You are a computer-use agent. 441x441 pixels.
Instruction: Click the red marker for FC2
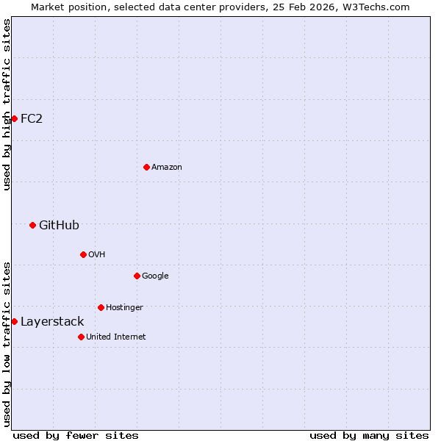coord(14,118)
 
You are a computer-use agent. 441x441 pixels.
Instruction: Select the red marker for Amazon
coord(146,167)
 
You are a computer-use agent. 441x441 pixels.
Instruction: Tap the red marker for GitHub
coord(32,225)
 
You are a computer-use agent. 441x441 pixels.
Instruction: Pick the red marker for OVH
coord(83,254)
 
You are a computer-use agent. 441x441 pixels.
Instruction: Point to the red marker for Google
coord(137,276)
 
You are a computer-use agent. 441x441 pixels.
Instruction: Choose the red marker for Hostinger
coord(101,307)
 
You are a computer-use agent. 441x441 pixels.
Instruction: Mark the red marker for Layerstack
coord(14,321)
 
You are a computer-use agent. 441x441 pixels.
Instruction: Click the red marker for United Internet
coord(81,337)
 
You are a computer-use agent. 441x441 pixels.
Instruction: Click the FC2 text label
coord(32,118)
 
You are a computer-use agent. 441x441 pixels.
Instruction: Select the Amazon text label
coord(167,167)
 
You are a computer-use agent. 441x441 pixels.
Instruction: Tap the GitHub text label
coord(59,225)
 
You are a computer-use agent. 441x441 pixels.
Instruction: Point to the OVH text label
coord(96,254)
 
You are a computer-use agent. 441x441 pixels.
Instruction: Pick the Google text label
coord(155,276)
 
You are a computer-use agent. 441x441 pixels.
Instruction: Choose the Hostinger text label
coord(124,307)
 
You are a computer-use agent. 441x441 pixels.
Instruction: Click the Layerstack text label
coord(52,321)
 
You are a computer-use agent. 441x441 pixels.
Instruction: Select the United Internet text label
coord(115,337)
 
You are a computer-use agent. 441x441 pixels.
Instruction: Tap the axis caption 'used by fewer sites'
coord(76,435)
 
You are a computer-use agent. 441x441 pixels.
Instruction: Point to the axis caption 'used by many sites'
coord(369,435)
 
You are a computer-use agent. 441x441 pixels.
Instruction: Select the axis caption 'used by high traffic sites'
coord(7,104)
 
